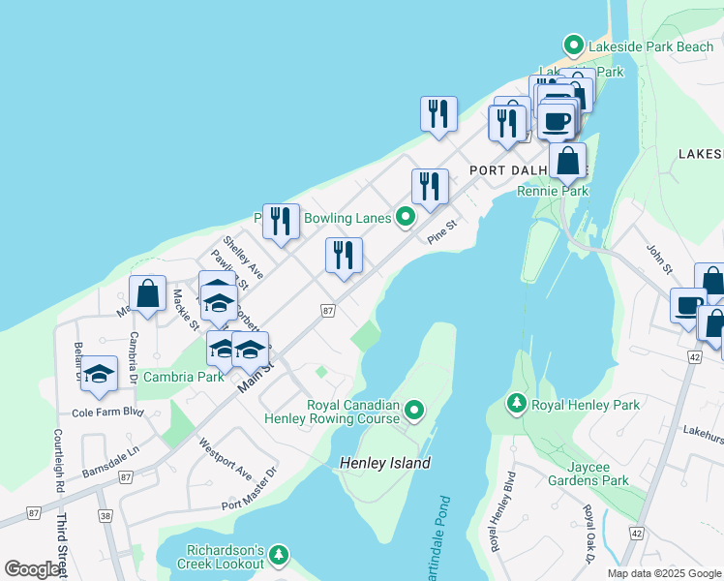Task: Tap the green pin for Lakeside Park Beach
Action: tap(573, 46)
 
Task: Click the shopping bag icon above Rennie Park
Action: tap(567, 161)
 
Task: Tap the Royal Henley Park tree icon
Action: tap(517, 403)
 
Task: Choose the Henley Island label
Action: tap(385, 463)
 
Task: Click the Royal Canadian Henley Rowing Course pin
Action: tap(415, 412)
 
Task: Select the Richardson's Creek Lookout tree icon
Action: tap(279, 554)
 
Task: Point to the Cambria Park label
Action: tap(183, 377)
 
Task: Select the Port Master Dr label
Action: tap(249, 489)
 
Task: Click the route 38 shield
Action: tap(105, 516)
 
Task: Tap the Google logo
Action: tap(32, 569)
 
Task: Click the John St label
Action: tap(658, 259)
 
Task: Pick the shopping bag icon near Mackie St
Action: tap(147, 294)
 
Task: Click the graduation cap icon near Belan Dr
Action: tap(99, 376)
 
